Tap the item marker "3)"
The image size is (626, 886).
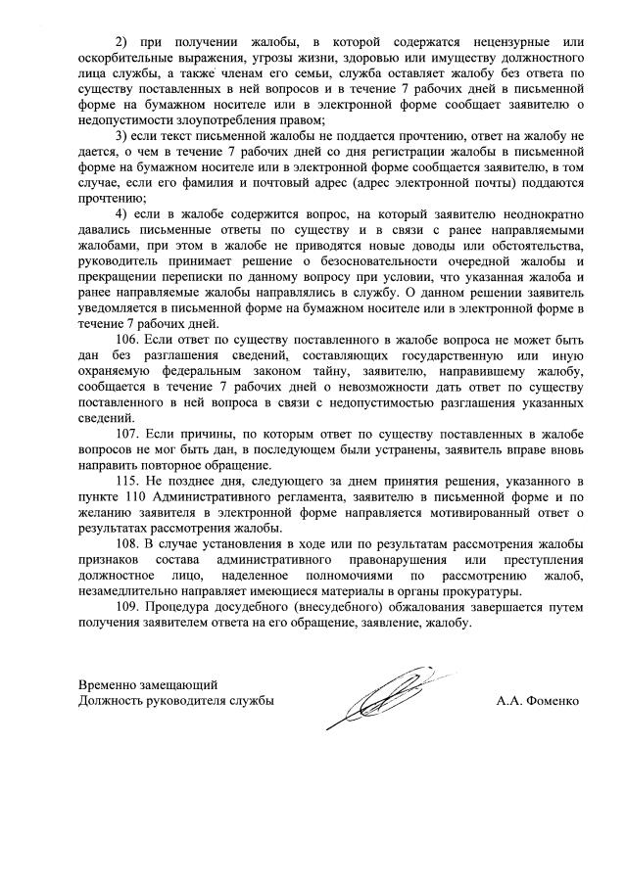[x=122, y=134]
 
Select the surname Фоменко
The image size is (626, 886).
[x=554, y=701]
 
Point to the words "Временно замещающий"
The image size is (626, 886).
[x=148, y=684]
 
